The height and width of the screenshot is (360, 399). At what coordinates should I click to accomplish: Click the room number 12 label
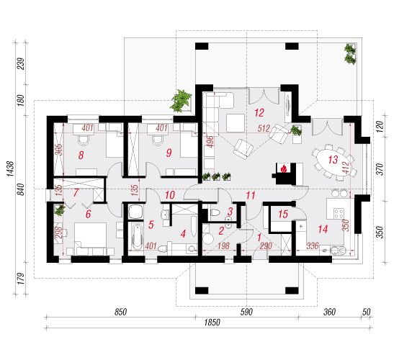tap(259, 113)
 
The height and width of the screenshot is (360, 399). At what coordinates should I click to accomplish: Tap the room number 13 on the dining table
tap(333, 160)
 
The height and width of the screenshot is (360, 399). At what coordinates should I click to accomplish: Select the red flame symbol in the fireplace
tap(284, 168)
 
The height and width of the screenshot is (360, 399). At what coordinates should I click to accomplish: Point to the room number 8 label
tap(81, 155)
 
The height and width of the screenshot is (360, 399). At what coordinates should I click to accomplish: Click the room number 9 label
tap(169, 153)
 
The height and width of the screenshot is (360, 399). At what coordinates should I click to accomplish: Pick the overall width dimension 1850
tap(212, 323)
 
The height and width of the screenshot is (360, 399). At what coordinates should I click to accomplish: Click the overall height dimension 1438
tap(10, 168)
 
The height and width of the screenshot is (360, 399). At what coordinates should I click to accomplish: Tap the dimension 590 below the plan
tap(246, 312)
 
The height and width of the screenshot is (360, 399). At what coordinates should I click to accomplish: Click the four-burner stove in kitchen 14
tap(339, 213)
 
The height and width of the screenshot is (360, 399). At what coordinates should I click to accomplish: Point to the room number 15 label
tap(283, 214)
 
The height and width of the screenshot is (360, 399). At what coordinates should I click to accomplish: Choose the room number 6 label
tap(88, 214)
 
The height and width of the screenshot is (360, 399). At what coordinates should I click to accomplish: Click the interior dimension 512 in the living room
tap(264, 128)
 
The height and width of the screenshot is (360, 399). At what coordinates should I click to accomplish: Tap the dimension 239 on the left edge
tap(22, 64)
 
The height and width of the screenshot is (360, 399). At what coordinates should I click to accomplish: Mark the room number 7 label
tap(76, 192)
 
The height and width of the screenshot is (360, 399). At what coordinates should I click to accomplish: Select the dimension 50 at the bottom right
tap(366, 312)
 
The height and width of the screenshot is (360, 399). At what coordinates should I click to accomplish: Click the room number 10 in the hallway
tap(170, 195)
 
